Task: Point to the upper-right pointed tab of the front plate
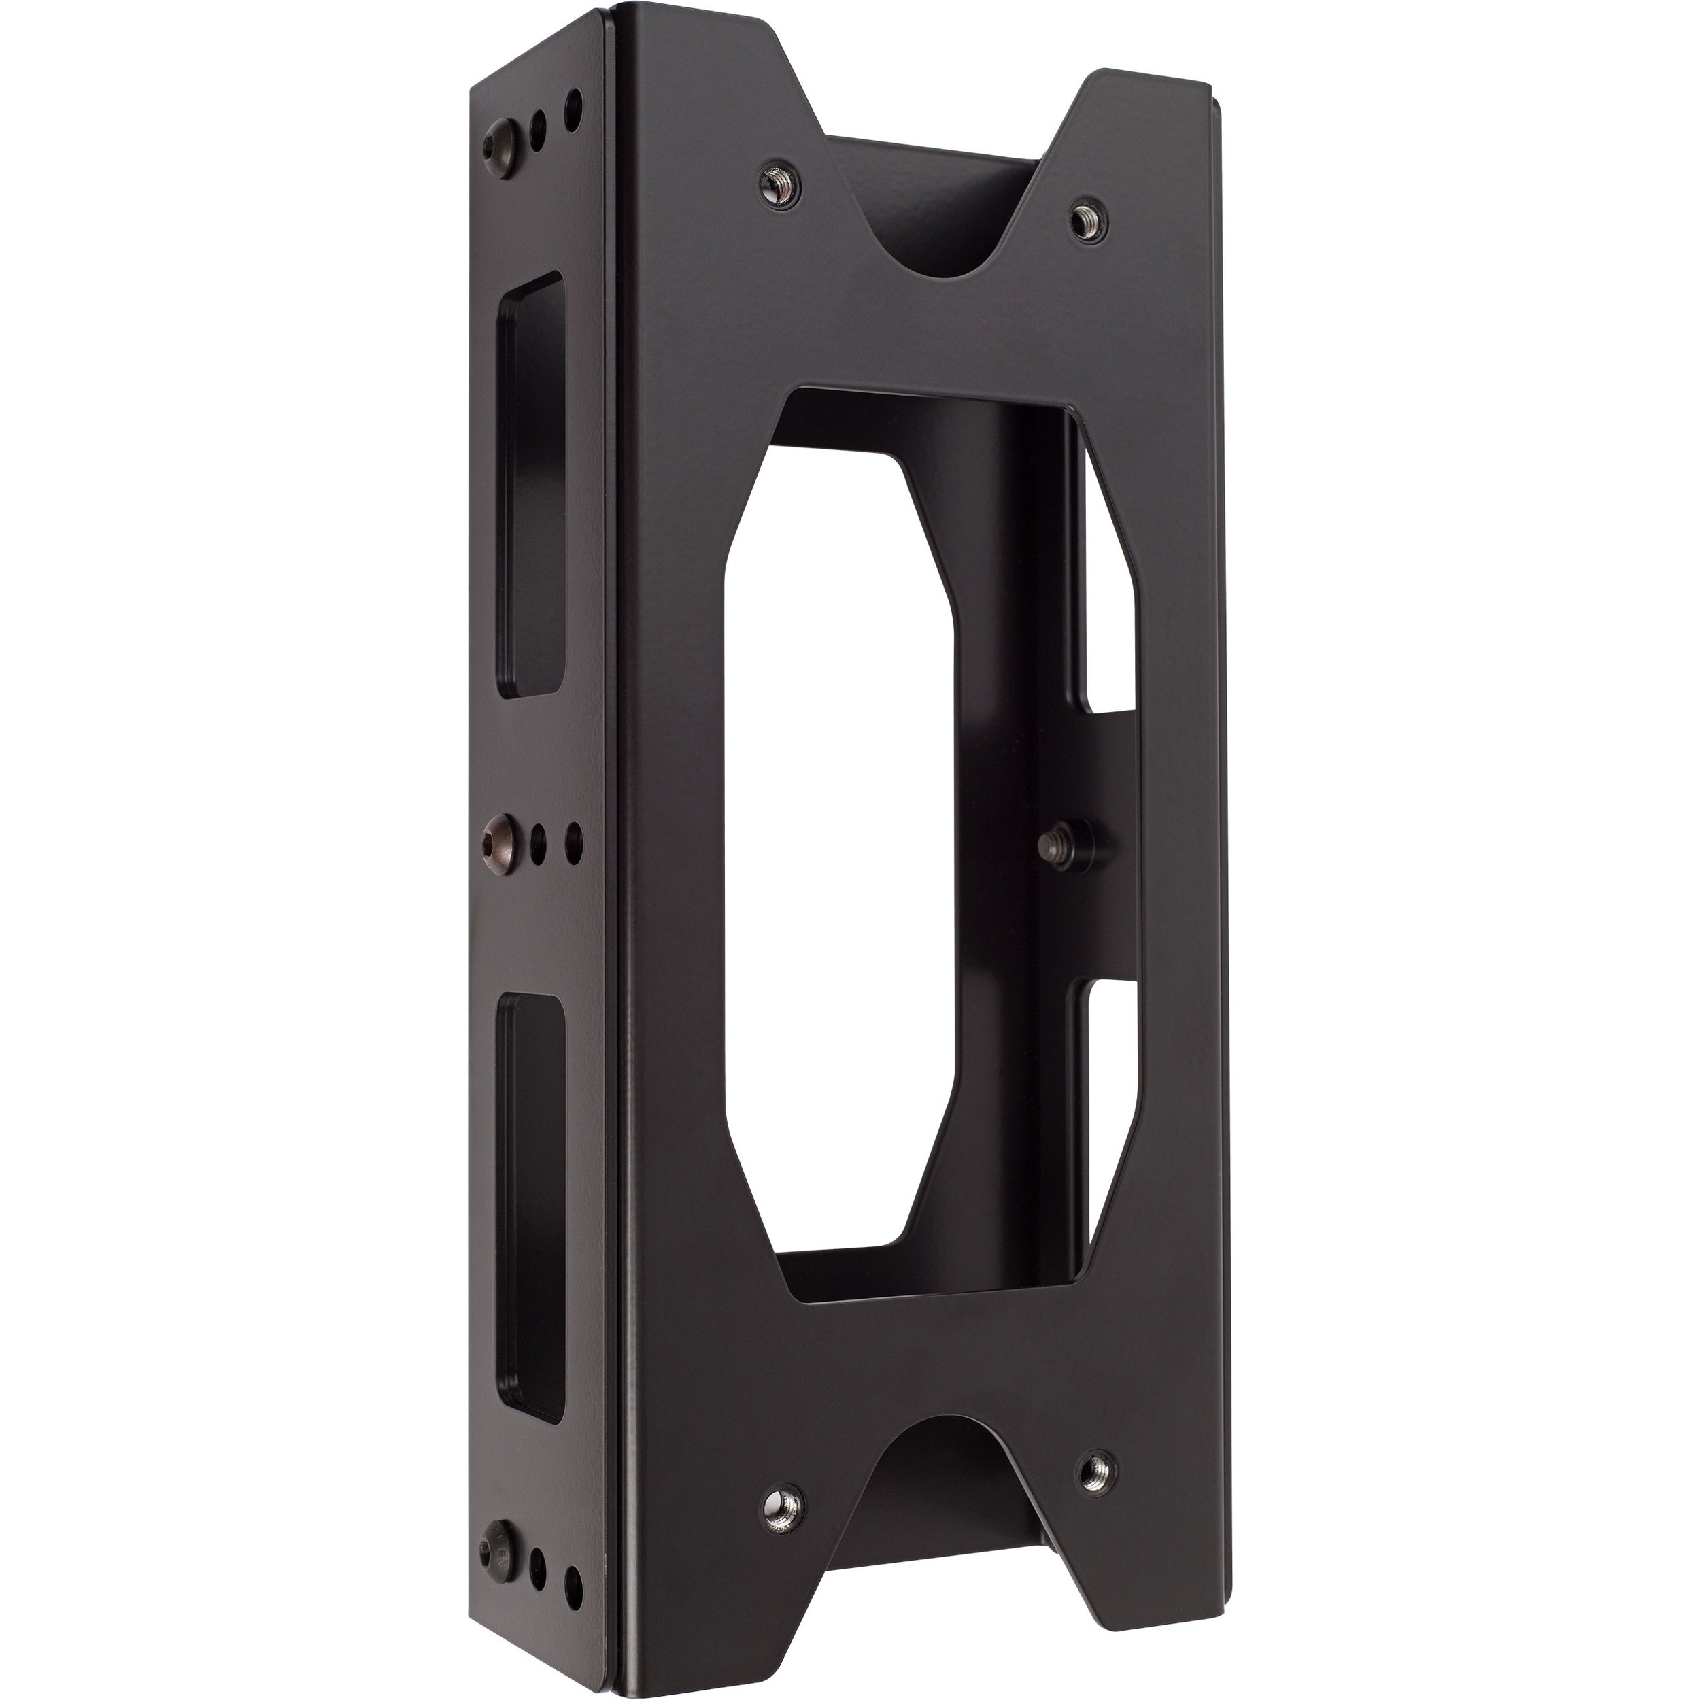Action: coord(1144,97)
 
